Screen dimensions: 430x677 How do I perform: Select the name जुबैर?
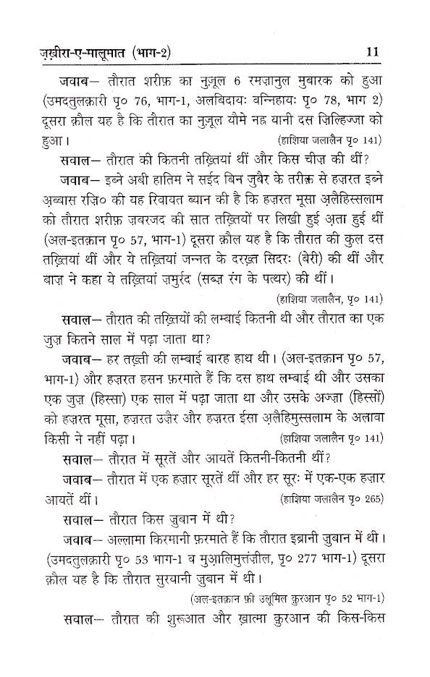pos(266,178)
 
